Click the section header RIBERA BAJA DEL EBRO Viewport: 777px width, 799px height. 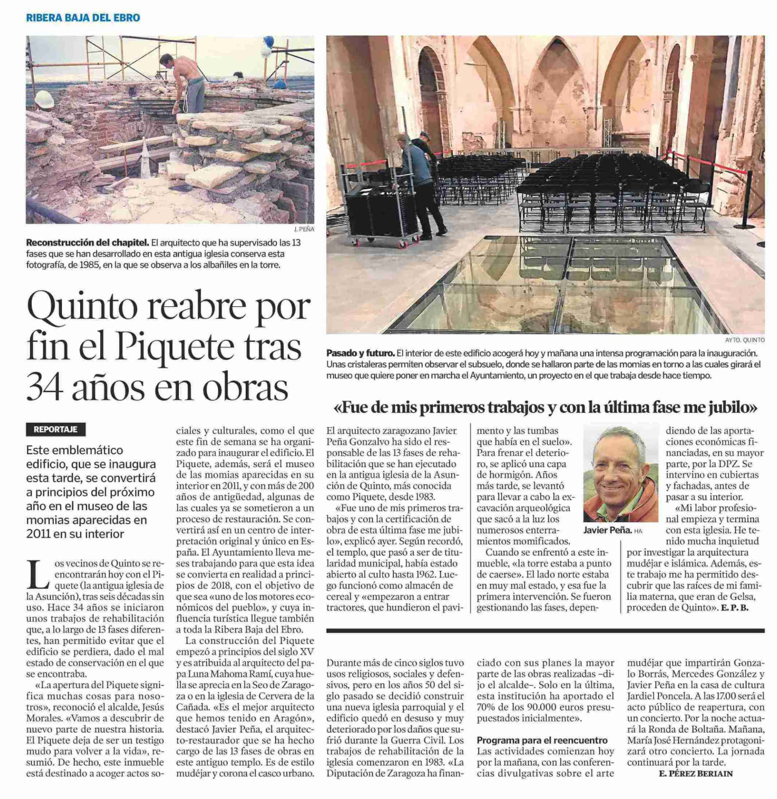click(x=83, y=18)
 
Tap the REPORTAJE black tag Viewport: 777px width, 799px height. click(x=56, y=430)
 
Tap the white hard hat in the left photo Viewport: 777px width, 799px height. click(x=44, y=99)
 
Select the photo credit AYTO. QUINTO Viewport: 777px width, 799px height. click(x=744, y=340)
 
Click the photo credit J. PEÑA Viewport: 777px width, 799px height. click(x=303, y=229)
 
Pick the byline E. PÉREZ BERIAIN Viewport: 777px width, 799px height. click(x=696, y=773)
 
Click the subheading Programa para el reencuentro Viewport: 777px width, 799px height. click(x=542, y=740)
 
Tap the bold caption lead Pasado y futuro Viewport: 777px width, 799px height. click(x=360, y=353)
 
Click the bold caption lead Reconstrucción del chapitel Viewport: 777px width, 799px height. click(x=87, y=242)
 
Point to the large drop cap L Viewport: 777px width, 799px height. click(x=39, y=573)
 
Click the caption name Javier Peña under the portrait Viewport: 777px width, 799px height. click(x=607, y=530)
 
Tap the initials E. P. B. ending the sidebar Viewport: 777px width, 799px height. click(x=734, y=607)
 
